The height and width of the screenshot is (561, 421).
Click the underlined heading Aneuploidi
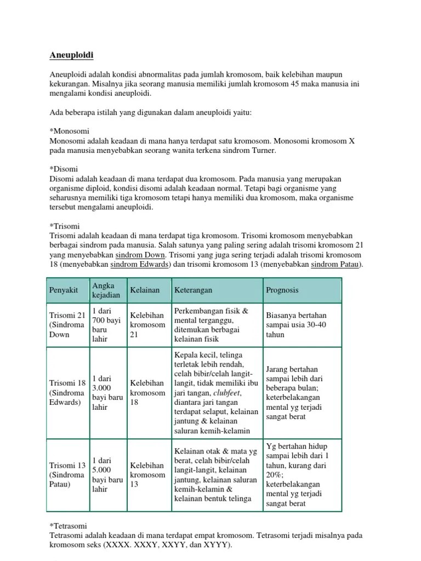72,55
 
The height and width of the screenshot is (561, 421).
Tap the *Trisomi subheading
65,225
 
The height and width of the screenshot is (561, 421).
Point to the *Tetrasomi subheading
69,525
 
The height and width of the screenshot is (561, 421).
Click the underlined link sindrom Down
141,255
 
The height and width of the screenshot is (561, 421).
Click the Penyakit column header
63,290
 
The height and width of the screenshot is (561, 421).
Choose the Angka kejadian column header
106,290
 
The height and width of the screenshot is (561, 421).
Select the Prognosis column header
282,290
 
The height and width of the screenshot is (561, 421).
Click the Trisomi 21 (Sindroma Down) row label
66,325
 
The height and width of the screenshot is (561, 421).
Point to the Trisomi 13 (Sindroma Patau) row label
66,474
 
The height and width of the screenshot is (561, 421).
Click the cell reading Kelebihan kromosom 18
147,393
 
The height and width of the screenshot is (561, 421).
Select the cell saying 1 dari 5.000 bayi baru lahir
107,474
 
